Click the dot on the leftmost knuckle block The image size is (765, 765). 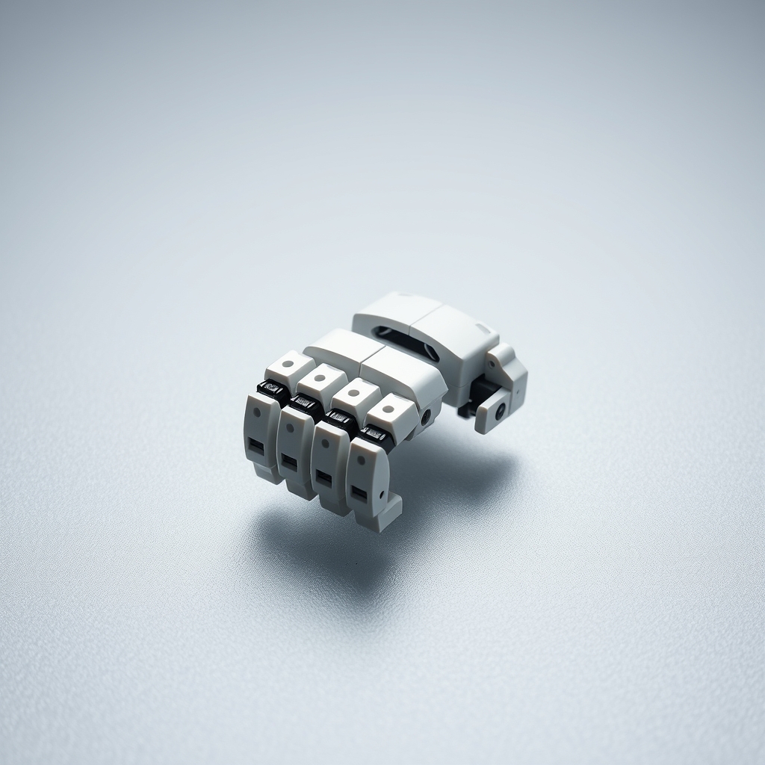click(288, 364)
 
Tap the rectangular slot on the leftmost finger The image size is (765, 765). click(256, 446)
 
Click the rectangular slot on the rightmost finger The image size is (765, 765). click(359, 494)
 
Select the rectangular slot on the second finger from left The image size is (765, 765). click(289, 462)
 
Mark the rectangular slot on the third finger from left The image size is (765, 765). click(323, 478)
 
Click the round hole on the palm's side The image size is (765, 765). click(426, 416)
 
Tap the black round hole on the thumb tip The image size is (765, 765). click(499, 409)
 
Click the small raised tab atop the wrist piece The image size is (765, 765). click(483, 328)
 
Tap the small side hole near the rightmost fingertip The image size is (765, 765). click(382, 495)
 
